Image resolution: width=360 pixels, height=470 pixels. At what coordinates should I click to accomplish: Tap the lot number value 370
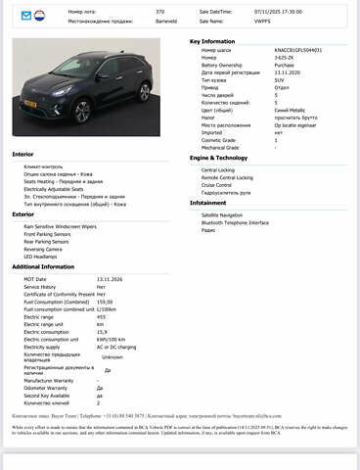click(x=159, y=12)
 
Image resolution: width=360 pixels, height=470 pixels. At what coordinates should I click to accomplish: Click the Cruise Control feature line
click(x=216, y=184)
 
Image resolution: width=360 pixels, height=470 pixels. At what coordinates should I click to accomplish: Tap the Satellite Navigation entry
click(x=222, y=213)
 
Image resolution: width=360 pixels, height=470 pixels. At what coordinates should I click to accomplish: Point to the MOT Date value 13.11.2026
click(x=109, y=279)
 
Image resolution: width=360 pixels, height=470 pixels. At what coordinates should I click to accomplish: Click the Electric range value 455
click(x=102, y=317)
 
